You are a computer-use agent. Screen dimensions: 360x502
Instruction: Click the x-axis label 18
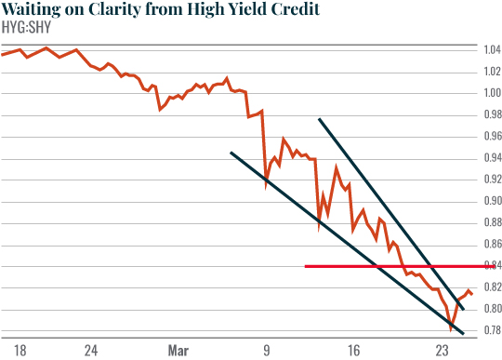pyautogui.click(x=20, y=351)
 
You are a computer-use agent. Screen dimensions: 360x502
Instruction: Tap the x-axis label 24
pyautogui.click(x=90, y=351)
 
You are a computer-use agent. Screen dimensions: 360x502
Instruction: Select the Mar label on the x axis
pyautogui.click(x=178, y=351)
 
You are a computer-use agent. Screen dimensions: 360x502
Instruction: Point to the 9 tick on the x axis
pyautogui.click(x=267, y=351)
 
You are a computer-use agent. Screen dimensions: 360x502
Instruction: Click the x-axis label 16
pyautogui.click(x=354, y=351)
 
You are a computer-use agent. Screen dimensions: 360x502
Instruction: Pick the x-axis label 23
pyautogui.click(x=442, y=351)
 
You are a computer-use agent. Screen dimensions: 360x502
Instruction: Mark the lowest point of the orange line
pyautogui.click(x=451, y=328)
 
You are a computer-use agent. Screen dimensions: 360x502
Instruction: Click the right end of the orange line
pyautogui.click(x=471, y=294)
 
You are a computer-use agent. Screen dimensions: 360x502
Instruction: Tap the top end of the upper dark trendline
pyautogui.click(x=319, y=119)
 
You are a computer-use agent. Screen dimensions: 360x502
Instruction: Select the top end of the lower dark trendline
pyautogui.click(x=231, y=152)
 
